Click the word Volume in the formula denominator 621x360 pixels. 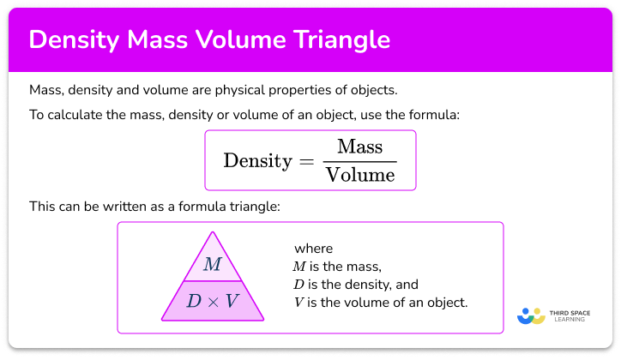click(359, 175)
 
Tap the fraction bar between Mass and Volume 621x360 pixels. click(359, 160)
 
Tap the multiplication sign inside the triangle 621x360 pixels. click(213, 302)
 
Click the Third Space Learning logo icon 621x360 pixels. click(531, 315)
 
